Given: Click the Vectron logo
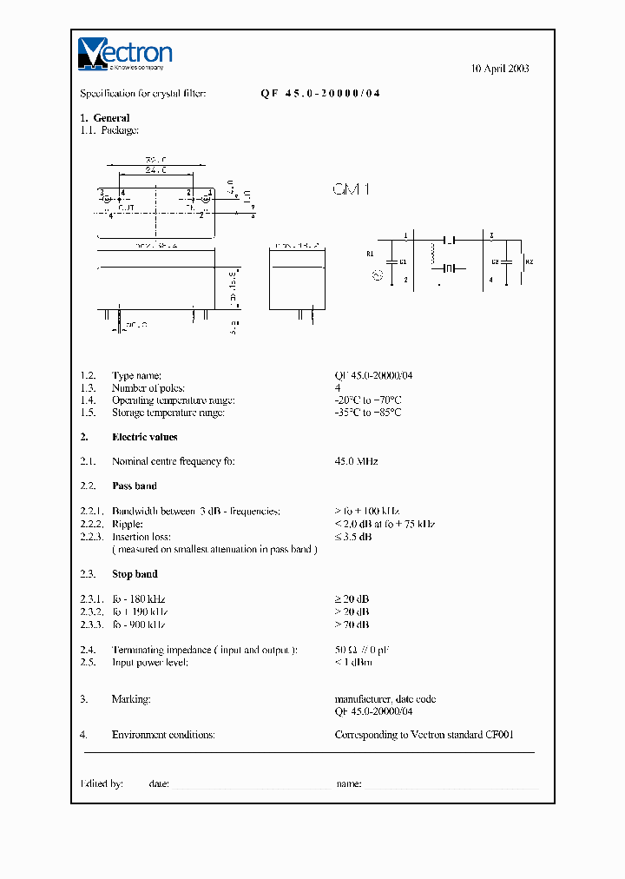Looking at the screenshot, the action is coord(125,53).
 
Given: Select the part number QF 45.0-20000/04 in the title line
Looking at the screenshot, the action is coord(319,93).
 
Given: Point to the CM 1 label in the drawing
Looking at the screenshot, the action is coord(352,188).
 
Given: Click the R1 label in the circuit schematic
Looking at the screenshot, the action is coord(370,254).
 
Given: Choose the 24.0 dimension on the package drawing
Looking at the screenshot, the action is coord(155,170).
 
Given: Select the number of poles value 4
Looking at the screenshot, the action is coord(337,388).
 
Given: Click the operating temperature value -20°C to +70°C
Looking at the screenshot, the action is coord(367,400).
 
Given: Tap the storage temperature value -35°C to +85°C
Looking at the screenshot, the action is coord(367,413).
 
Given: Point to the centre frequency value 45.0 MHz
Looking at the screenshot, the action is coord(356,461).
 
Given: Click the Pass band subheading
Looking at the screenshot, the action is coord(134,486).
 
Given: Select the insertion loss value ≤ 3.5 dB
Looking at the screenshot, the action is coord(353,537).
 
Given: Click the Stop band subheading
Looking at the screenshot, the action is coord(134,574).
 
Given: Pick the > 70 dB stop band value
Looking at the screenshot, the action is coord(352,625).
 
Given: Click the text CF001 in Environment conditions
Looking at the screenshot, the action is coord(501,735).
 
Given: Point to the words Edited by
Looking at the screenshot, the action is coord(102,783).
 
